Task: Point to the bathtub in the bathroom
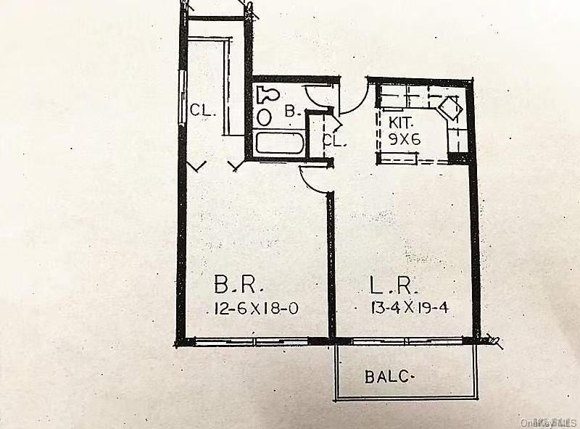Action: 278,143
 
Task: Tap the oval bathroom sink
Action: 264,116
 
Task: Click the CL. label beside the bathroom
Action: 335,141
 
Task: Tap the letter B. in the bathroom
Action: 291,112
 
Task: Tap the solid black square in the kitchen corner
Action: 459,155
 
